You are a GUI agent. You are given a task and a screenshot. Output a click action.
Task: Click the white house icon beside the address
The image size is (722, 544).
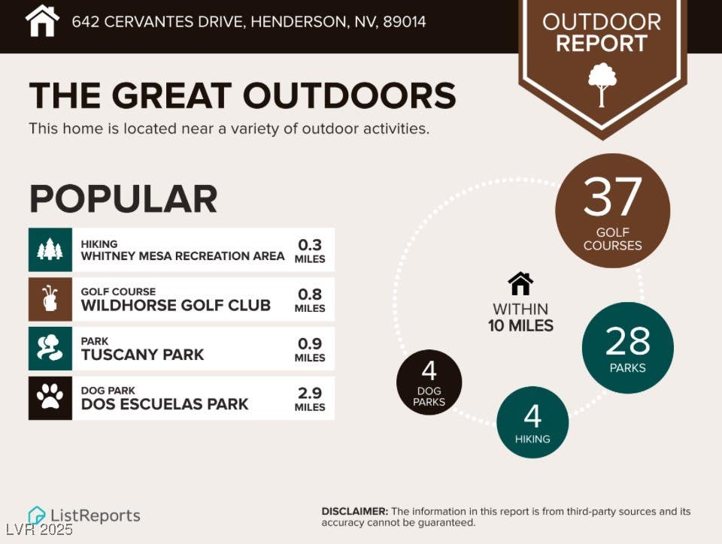click(x=42, y=21)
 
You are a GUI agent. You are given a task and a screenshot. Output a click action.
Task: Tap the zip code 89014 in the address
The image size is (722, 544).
click(x=405, y=22)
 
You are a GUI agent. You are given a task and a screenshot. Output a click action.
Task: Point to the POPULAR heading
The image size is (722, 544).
click(x=123, y=198)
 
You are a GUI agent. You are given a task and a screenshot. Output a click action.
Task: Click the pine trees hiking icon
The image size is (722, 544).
click(x=50, y=249)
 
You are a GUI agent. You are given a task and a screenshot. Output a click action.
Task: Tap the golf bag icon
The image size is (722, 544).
click(x=50, y=299)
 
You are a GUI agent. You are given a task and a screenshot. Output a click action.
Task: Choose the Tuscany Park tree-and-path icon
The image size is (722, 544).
click(x=50, y=348)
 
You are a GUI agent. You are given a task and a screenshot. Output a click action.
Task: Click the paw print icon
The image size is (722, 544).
click(x=50, y=397)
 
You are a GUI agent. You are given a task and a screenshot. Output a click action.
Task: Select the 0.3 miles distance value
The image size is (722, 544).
click(x=310, y=251)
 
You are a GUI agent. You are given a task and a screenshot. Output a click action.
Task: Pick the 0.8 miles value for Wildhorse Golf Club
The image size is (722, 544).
click(x=310, y=301)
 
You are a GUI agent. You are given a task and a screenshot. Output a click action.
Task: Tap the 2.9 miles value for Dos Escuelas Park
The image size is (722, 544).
click(x=310, y=399)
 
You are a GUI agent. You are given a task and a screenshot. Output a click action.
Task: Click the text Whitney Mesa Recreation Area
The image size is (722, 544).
click(x=183, y=256)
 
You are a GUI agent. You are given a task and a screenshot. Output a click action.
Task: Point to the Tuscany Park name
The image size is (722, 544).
click(x=142, y=355)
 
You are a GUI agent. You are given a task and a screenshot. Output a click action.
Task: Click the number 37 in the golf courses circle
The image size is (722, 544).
click(x=612, y=197)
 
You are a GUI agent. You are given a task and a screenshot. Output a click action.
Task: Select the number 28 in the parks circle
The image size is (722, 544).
click(x=627, y=341)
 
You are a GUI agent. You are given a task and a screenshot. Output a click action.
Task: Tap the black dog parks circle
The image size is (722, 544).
click(x=429, y=382)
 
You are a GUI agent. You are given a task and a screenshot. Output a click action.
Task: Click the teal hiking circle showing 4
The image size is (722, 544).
click(x=532, y=422)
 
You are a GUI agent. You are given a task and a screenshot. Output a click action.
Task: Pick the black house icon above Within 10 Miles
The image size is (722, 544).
click(x=520, y=283)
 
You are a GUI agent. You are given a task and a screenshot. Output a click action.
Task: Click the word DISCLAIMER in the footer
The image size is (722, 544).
click(x=354, y=512)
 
